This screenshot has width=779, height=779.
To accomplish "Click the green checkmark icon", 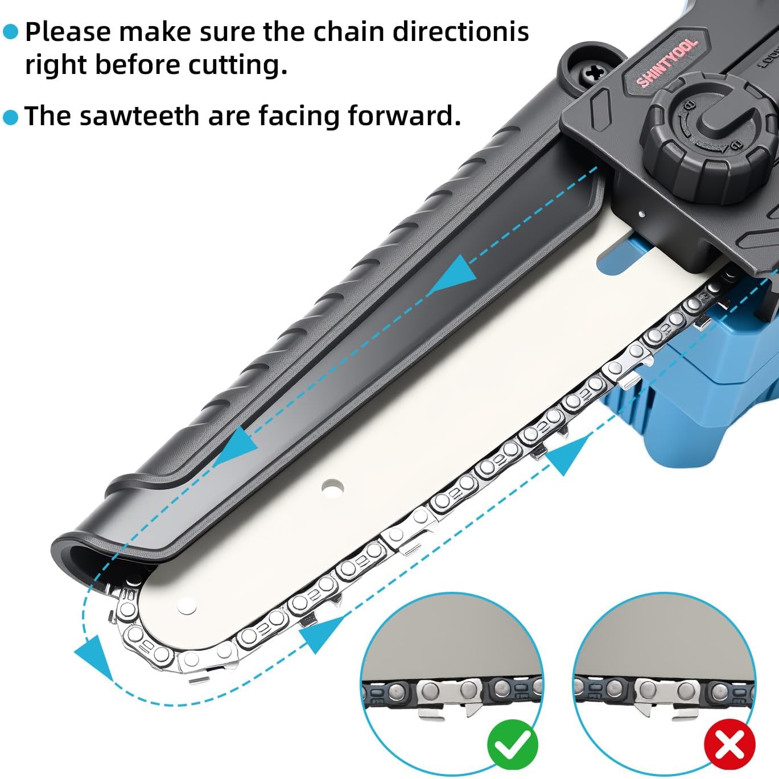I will tap(512, 744).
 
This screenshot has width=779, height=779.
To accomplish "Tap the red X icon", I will tap(729, 744).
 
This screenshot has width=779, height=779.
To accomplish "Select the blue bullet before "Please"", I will tap(11, 32).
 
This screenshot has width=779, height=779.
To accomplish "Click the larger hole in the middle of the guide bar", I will tap(332, 488).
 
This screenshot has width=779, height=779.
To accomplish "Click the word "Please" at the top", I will tap(68, 32).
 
